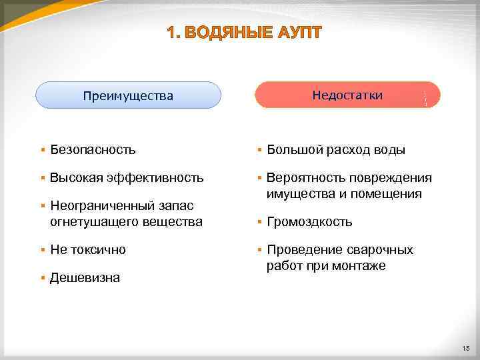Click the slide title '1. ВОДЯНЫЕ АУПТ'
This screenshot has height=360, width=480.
(x=244, y=33)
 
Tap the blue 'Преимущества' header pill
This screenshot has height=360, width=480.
(x=128, y=95)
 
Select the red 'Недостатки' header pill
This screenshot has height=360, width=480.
(x=347, y=95)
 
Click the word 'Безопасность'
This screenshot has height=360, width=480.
(x=93, y=150)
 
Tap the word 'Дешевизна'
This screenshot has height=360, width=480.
(x=85, y=278)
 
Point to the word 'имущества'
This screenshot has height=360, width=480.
(x=297, y=194)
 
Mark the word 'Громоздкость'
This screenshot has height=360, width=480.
(x=309, y=221)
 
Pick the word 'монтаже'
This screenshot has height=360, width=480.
(x=360, y=266)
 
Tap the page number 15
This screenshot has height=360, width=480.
(x=465, y=348)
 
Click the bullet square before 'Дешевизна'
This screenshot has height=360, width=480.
(x=43, y=277)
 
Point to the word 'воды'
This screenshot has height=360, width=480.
(x=389, y=150)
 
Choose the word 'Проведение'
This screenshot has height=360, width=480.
(x=304, y=250)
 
